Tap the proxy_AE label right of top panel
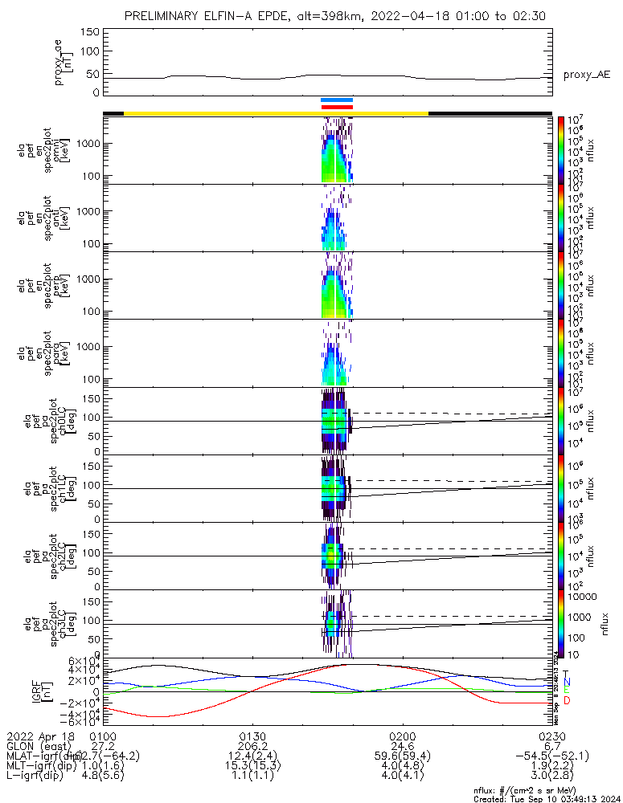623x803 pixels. tap(587, 75)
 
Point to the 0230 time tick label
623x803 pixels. tap(551, 736)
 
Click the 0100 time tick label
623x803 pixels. tap(103, 736)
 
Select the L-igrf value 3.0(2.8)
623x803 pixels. tap(551, 777)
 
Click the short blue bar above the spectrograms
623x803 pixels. tap(337, 100)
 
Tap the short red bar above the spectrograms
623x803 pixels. tap(337, 107)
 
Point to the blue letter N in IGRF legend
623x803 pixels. tap(567, 682)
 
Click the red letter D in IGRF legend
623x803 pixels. tap(567, 701)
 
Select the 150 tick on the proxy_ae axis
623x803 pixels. tap(89, 31)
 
